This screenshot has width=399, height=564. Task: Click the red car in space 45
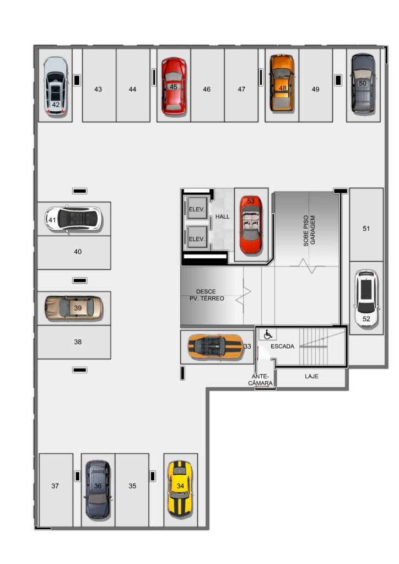coord(174,86)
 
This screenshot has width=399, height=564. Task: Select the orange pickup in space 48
coord(282,83)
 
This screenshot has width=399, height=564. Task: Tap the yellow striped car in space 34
coord(180,489)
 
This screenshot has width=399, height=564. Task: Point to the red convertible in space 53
coord(250,225)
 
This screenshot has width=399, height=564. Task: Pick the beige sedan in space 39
coord(74,308)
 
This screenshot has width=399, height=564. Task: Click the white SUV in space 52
coord(366,298)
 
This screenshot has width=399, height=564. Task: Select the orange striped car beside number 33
coord(215,347)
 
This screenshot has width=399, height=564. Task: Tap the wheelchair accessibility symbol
coord(268,335)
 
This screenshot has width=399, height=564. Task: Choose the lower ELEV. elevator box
coord(197,237)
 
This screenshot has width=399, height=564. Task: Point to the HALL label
coord(222,216)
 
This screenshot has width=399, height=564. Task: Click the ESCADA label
coord(282,346)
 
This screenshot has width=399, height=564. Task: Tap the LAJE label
coord(311,376)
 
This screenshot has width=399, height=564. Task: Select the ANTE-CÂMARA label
coord(260,380)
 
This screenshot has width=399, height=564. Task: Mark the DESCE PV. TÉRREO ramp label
coord(207,295)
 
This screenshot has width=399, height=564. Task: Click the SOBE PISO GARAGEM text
coord(309,231)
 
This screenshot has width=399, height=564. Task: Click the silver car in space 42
coord(56,85)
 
